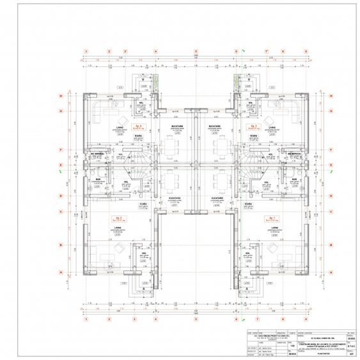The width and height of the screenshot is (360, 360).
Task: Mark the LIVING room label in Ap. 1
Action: pyautogui.click(x=274, y=227)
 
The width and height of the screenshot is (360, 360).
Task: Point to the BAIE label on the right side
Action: pyautogui.click(x=295, y=180)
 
